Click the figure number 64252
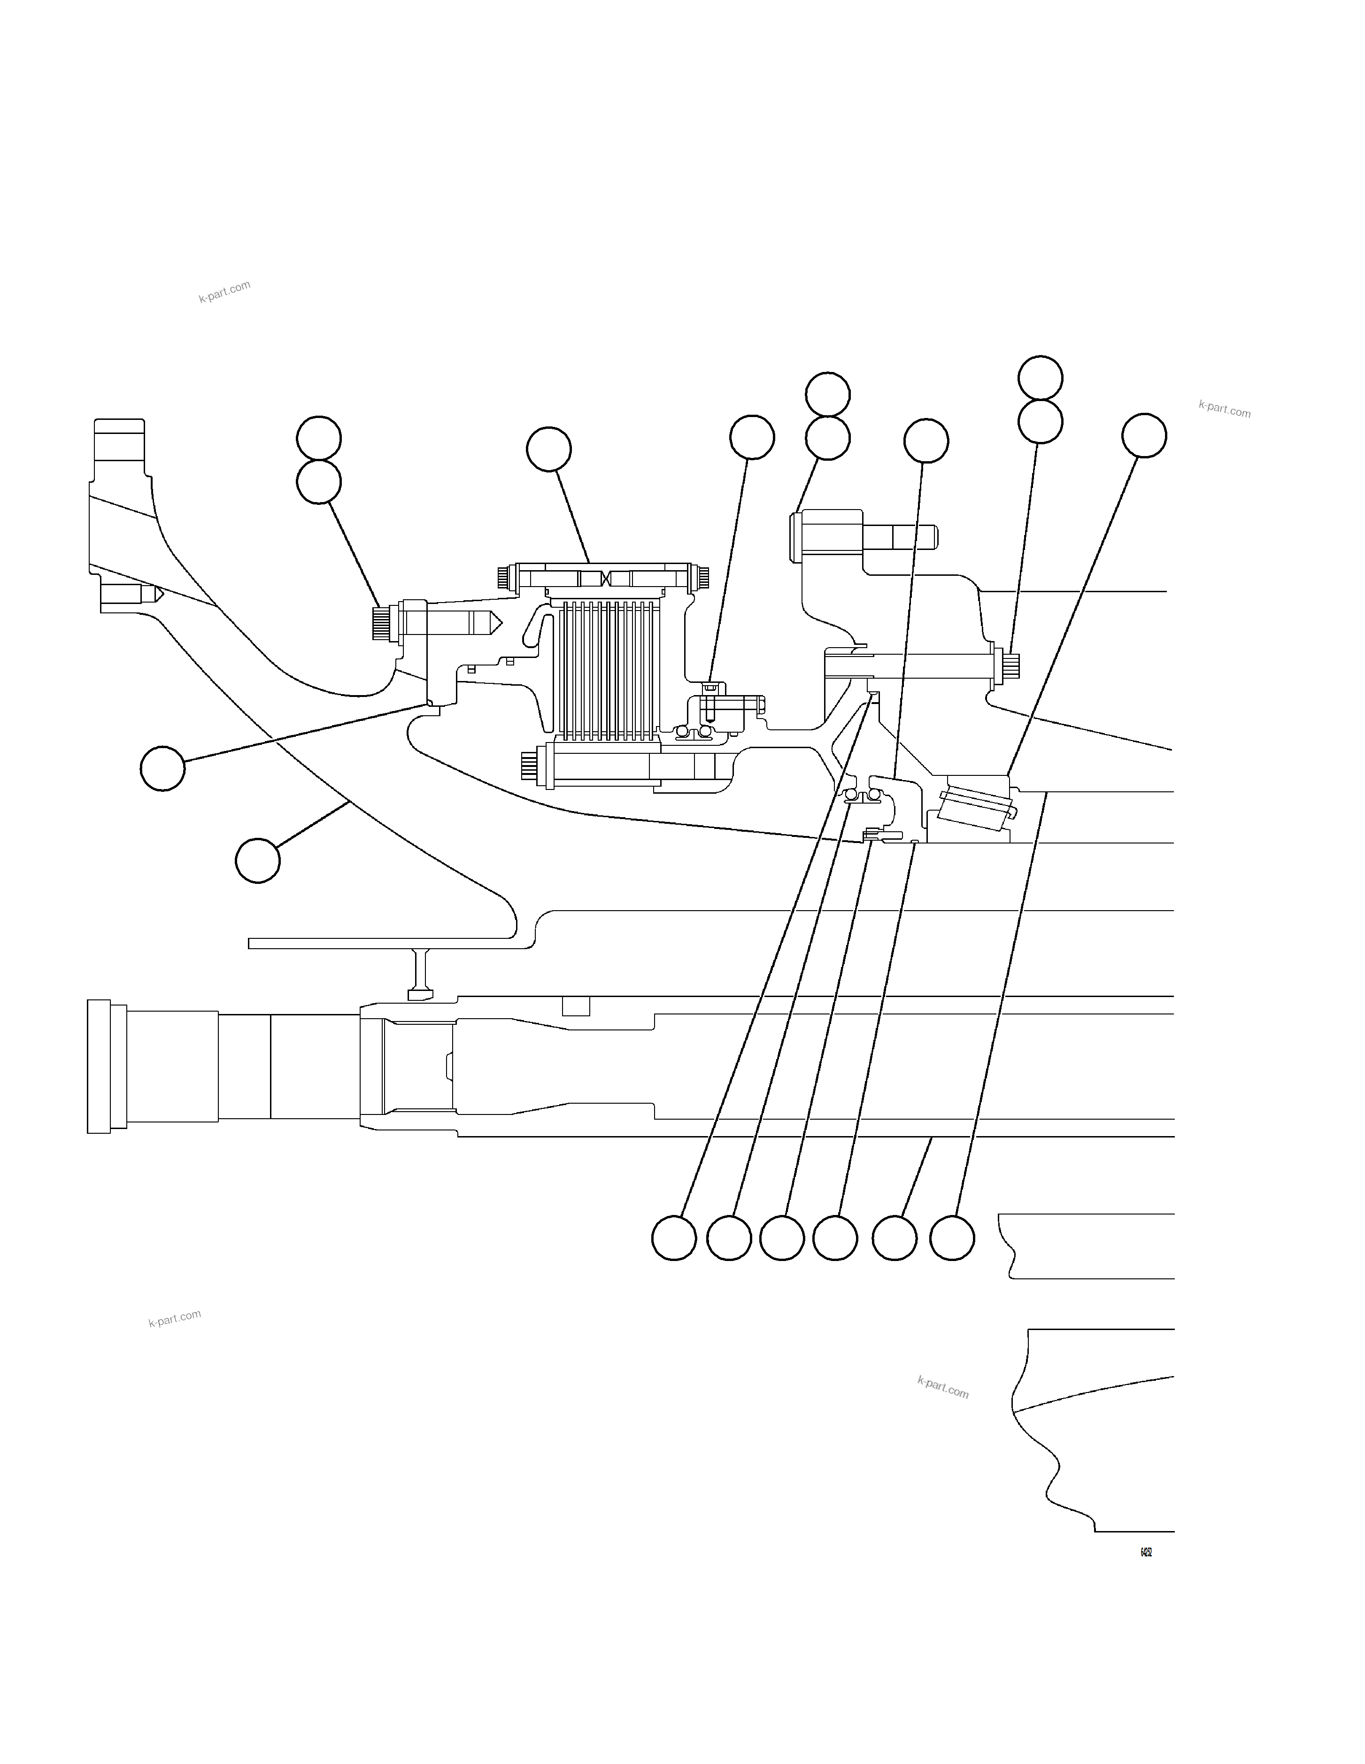[1145, 1552]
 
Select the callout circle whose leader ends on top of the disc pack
[548, 449]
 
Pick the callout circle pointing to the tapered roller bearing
[1144, 436]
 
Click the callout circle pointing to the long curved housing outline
[258, 861]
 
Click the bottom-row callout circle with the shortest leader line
[895, 1238]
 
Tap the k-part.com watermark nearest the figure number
[942, 1388]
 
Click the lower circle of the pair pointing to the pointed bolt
[318, 482]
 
